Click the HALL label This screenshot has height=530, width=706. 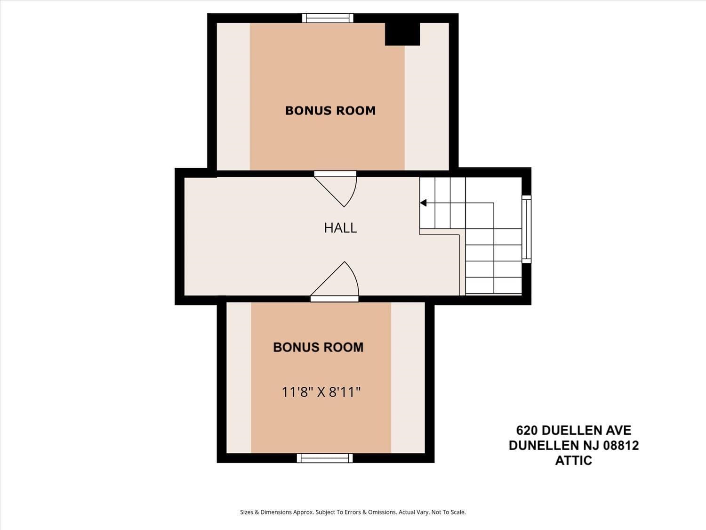pos(340,228)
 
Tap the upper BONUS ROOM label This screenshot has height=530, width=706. pos(330,111)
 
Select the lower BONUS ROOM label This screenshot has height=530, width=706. pos(318,347)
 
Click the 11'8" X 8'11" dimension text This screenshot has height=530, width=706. pos(321,392)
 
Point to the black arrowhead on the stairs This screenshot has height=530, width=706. pos(423,203)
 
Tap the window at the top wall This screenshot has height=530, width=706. pos(328,18)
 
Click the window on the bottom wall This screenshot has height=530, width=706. pos(325,458)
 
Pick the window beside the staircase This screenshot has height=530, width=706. pos(527,229)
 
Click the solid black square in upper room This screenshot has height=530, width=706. pos(402,33)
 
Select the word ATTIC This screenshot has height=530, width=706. pos(573,461)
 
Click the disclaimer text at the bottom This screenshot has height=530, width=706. pos(353,512)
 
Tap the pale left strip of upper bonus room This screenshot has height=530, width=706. pos(233,97)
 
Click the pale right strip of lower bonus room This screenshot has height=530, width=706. pos(408,377)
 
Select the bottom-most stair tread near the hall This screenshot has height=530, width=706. pos(493,285)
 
